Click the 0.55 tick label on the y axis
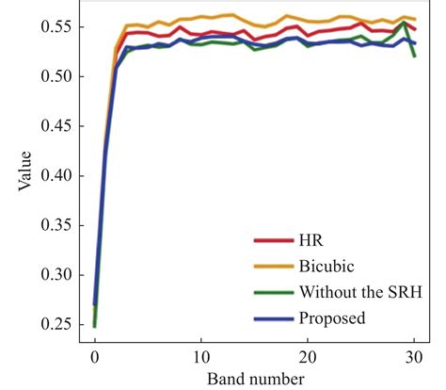coord(56,27)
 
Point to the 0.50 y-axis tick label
coord(56,76)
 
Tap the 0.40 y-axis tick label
coord(56,176)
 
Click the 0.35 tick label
coord(56,225)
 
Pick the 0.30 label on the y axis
coord(56,275)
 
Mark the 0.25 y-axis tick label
coord(56,325)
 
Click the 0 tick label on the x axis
coord(94,358)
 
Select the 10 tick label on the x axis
coord(200,358)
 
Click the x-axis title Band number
coord(252,379)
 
